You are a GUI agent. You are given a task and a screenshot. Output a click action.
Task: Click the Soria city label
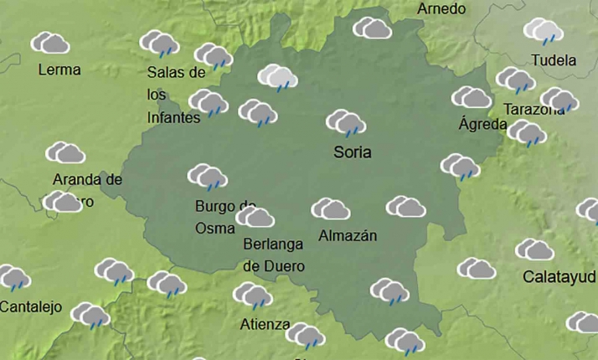[353, 153]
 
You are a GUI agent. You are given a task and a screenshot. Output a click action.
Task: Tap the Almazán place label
[348, 236]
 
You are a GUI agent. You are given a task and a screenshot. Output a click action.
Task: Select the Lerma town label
[59, 69]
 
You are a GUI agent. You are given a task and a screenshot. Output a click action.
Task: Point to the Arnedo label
[441, 9]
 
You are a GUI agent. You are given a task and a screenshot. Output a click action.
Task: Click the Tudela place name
[554, 60]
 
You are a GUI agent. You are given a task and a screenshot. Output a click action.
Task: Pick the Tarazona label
[534, 110]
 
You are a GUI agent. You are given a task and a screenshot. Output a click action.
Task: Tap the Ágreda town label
[483, 125]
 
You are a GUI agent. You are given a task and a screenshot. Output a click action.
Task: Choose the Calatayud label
[559, 276]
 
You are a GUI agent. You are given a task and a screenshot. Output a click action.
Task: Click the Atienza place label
[265, 324]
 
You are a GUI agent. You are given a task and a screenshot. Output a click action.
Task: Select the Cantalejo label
[31, 306]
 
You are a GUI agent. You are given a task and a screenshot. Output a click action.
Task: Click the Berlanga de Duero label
[274, 255]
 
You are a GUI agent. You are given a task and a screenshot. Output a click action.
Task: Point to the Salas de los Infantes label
[175, 95]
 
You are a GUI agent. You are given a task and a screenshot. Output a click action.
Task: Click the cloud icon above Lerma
[50, 43]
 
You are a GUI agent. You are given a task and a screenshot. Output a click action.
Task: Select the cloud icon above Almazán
[331, 208]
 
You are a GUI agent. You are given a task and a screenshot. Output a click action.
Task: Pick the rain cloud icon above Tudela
[544, 32]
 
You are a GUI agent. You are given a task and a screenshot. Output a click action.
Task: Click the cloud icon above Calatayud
[534, 249]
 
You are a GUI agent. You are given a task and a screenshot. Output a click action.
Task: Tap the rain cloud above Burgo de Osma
[207, 177]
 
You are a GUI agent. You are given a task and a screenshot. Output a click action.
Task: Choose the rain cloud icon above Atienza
[252, 295]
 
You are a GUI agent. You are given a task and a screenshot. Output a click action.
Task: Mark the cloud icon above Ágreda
[472, 97]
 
